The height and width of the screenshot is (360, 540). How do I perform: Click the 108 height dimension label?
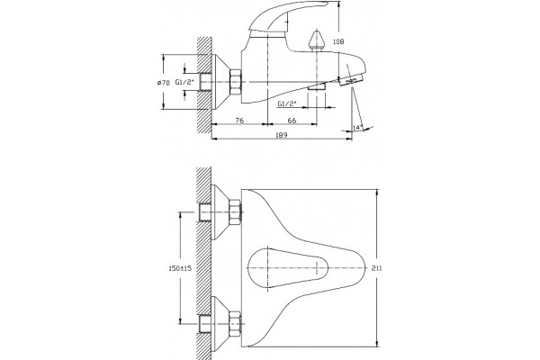(x=338, y=41)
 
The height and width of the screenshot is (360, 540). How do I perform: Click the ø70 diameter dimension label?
(x=163, y=82)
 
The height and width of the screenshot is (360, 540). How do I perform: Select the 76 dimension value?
(x=239, y=121)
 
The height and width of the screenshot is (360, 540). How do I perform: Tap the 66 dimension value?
(x=292, y=121)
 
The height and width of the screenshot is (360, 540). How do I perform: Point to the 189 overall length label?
(x=282, y=135)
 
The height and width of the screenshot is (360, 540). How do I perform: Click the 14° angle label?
(x=357, y=128)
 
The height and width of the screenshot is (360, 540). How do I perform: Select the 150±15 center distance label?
(x=180, y=268)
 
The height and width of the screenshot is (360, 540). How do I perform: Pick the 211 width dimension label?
(x=377, y=268)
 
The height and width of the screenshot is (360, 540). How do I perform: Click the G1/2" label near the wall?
(x=184, y=82)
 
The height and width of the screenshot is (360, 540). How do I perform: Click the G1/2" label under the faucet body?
(x=286, y=103)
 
